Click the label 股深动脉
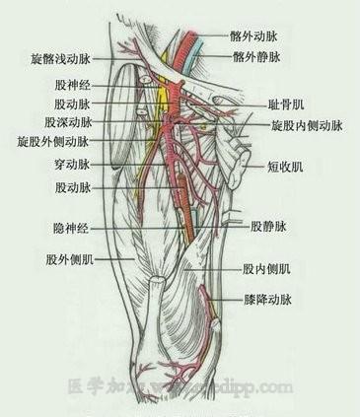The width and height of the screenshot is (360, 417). [68, 123]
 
